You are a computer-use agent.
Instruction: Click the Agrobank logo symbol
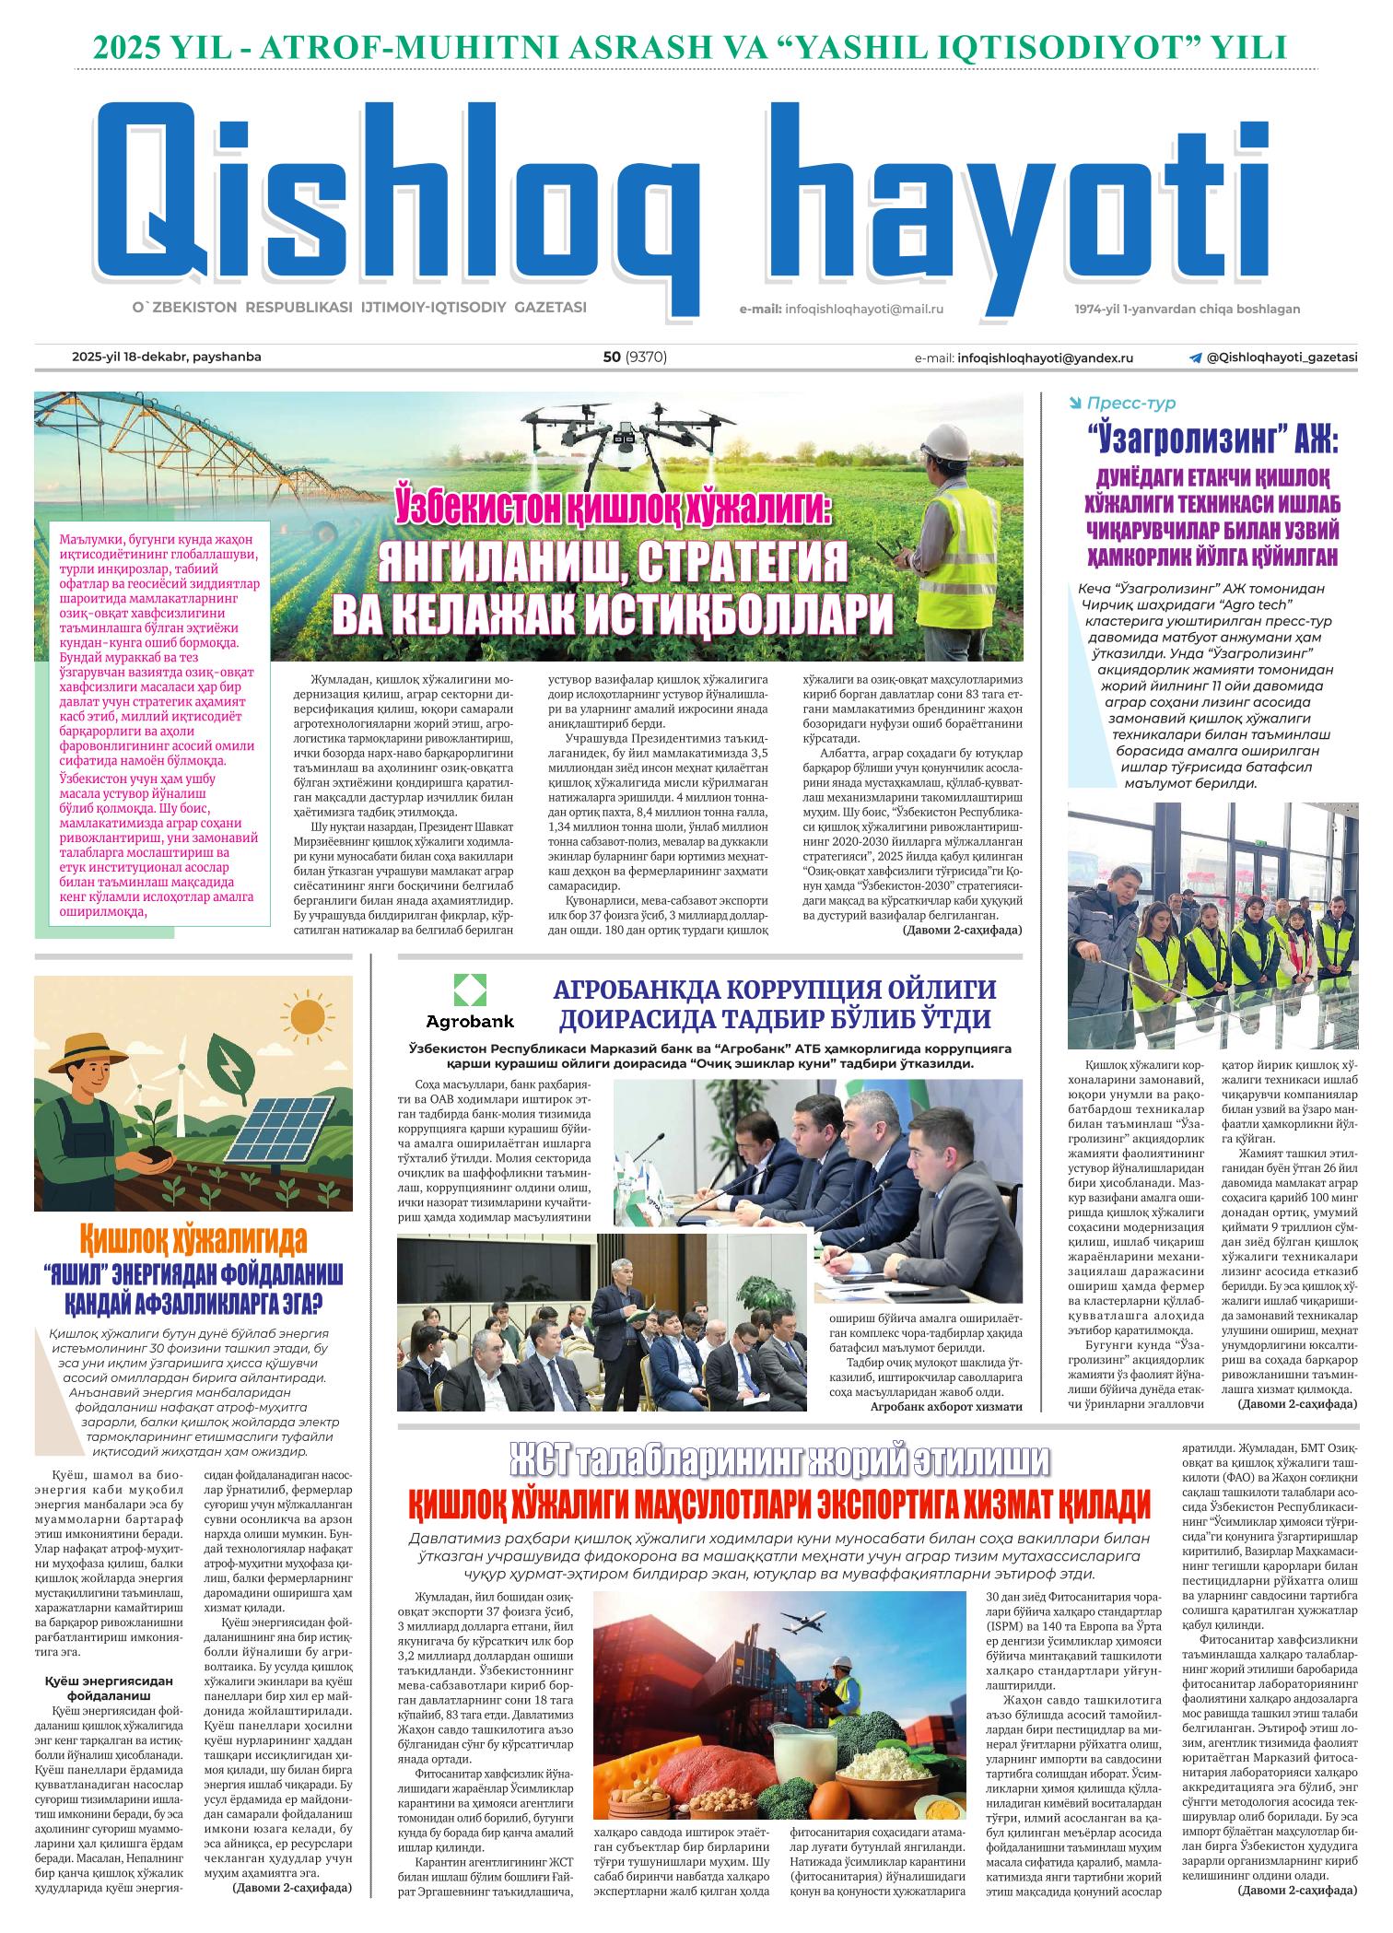469,990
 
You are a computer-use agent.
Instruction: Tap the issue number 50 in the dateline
611,357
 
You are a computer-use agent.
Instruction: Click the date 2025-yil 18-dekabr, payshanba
167,357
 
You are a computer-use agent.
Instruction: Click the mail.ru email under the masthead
864,310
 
